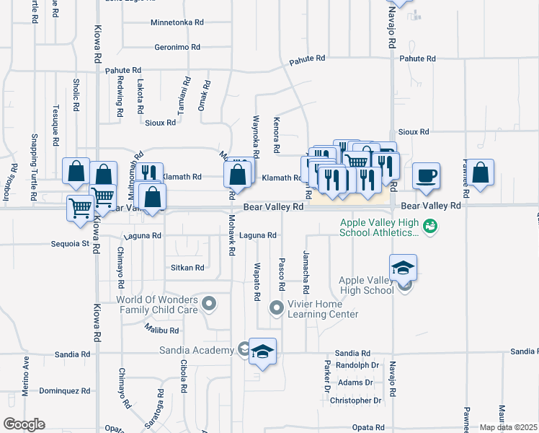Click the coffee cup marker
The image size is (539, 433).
[x=427, y=175]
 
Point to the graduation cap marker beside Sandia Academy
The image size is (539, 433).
[x=263, y=351]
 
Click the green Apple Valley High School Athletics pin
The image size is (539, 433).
[x=431, y=227]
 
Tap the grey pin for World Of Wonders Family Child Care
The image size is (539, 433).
[x=209, y=304]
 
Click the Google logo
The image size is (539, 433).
[x=24, y=424]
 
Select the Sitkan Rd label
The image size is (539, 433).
[x=187, y=268]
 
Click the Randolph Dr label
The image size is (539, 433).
[x=357, y=364]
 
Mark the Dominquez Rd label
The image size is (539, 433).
[x=64, y=390]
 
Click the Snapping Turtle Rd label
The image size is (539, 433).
[x=34, y=165]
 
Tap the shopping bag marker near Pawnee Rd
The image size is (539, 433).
[x=481, y=173]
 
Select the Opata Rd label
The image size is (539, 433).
[x=368, y=427]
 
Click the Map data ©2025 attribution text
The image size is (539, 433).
[x=507, y=427]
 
